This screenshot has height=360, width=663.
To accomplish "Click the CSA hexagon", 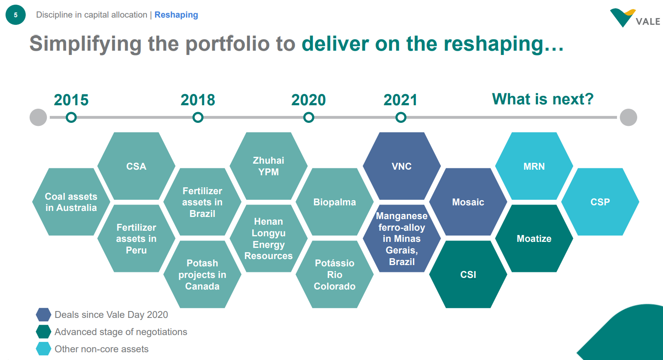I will (136, 166).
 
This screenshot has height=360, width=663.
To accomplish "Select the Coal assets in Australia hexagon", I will (71, 202).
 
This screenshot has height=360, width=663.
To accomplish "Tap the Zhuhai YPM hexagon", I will (269, 166).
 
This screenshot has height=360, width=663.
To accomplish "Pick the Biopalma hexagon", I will (335, 202).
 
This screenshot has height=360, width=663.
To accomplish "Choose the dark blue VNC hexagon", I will (402, 166).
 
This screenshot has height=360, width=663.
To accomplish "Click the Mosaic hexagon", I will (468, 202).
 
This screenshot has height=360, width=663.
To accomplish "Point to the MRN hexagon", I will (534, 166).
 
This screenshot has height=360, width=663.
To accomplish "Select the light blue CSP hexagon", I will (600, 202).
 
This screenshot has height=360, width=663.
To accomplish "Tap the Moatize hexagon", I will (534, 238).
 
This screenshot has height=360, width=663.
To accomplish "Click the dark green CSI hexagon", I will (468, 275).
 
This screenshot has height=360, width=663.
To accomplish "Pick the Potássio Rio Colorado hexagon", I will (335, 275).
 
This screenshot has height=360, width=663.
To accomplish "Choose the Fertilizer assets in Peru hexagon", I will (136, 238).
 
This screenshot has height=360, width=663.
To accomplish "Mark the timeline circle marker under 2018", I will (198, 117).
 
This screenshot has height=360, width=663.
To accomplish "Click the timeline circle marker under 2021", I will (401, 117).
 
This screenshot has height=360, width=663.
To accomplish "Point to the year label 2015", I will (71, 100).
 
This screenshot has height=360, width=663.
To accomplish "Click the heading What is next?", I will (543, 99).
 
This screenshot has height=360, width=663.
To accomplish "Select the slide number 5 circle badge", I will (16, 15).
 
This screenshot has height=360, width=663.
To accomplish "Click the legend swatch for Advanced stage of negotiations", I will (43, 332).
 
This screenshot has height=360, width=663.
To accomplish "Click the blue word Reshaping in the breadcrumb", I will (176, 15).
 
